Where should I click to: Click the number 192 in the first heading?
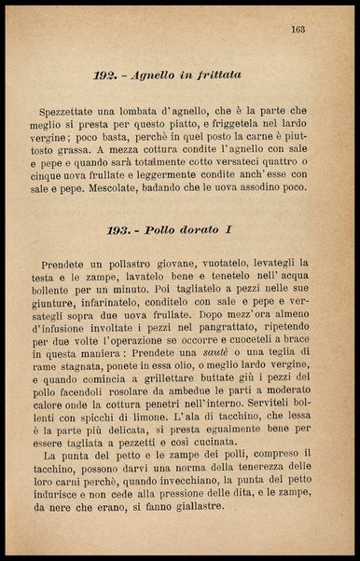(x=105, y=74)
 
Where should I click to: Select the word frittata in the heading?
(x=215, y=74)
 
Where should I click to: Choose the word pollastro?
(x=137, y=265)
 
